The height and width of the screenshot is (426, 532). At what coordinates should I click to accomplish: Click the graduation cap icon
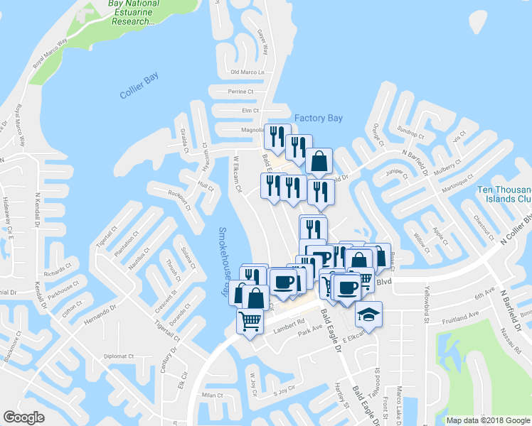[x=368, y=313]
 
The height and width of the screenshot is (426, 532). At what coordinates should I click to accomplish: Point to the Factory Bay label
[x=319, y=118]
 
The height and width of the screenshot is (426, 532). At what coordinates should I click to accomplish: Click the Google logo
[x=24, y=417]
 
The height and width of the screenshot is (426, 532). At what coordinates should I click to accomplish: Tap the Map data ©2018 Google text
[x=487, y=420]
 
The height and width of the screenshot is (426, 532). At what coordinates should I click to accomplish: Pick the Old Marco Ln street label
[x=248, y=72]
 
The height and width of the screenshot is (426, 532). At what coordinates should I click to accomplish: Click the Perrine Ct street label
[x=241, y=92]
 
